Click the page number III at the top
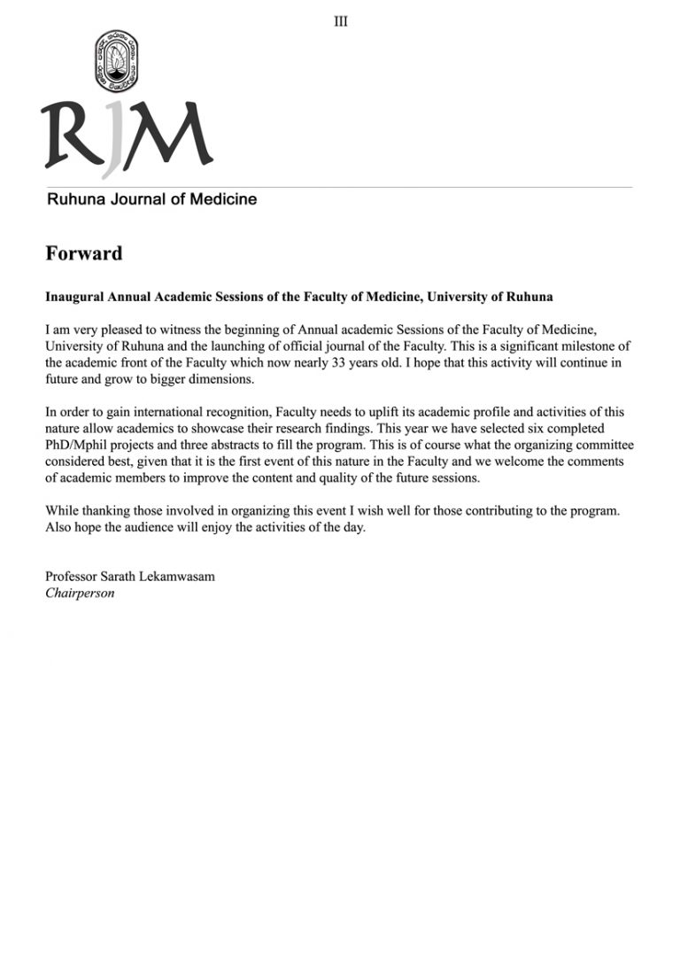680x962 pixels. [341, 21]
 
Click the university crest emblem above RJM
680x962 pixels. [116, 63]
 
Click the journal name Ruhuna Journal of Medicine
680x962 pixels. [151, 199]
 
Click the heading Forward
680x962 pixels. [83, 253]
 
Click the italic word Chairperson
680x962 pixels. [80, 593]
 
